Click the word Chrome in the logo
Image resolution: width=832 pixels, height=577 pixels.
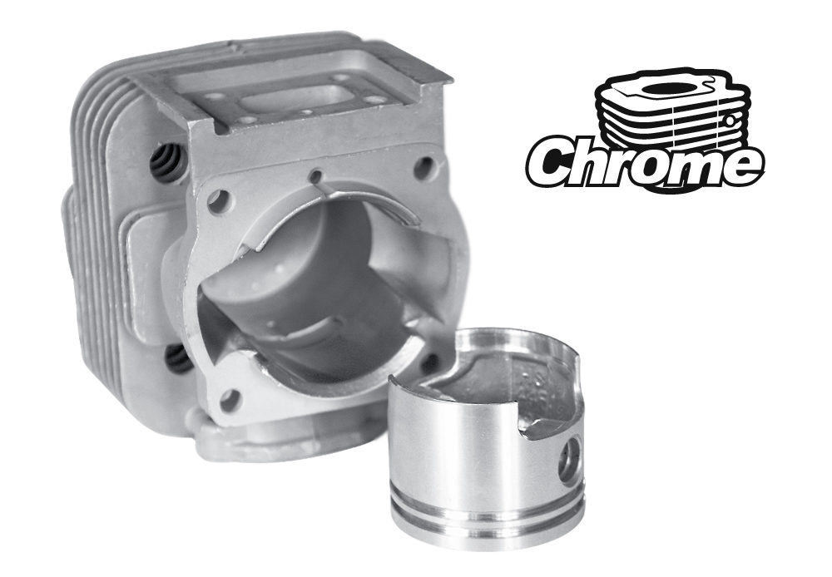coord(645,161)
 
